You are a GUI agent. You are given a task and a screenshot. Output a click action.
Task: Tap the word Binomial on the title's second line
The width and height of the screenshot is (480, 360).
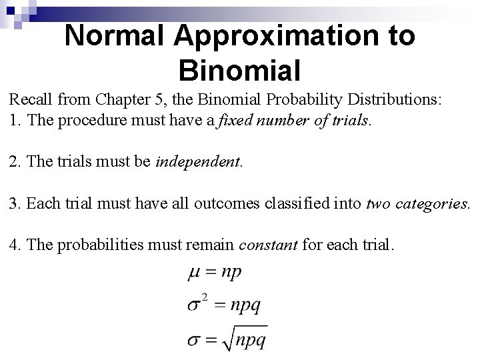[240, 69]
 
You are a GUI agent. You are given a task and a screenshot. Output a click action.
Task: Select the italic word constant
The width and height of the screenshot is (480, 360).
[267, 245]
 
